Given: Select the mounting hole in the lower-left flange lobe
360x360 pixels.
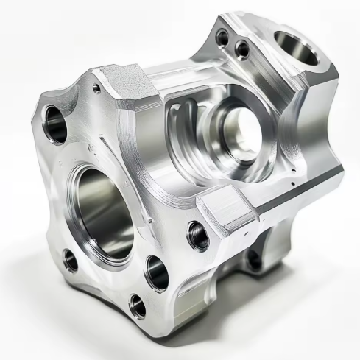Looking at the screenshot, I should (x=71, y=260).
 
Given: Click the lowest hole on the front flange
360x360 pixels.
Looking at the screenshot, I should (x=138, y=304).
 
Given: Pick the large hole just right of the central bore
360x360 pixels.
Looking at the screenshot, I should (x=158, y=272).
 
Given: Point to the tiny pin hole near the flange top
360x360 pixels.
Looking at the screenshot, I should (x=96, y=88).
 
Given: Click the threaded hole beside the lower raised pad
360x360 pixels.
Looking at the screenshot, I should (x=197, y=236).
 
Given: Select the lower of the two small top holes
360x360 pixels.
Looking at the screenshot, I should (x=241, y=49).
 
